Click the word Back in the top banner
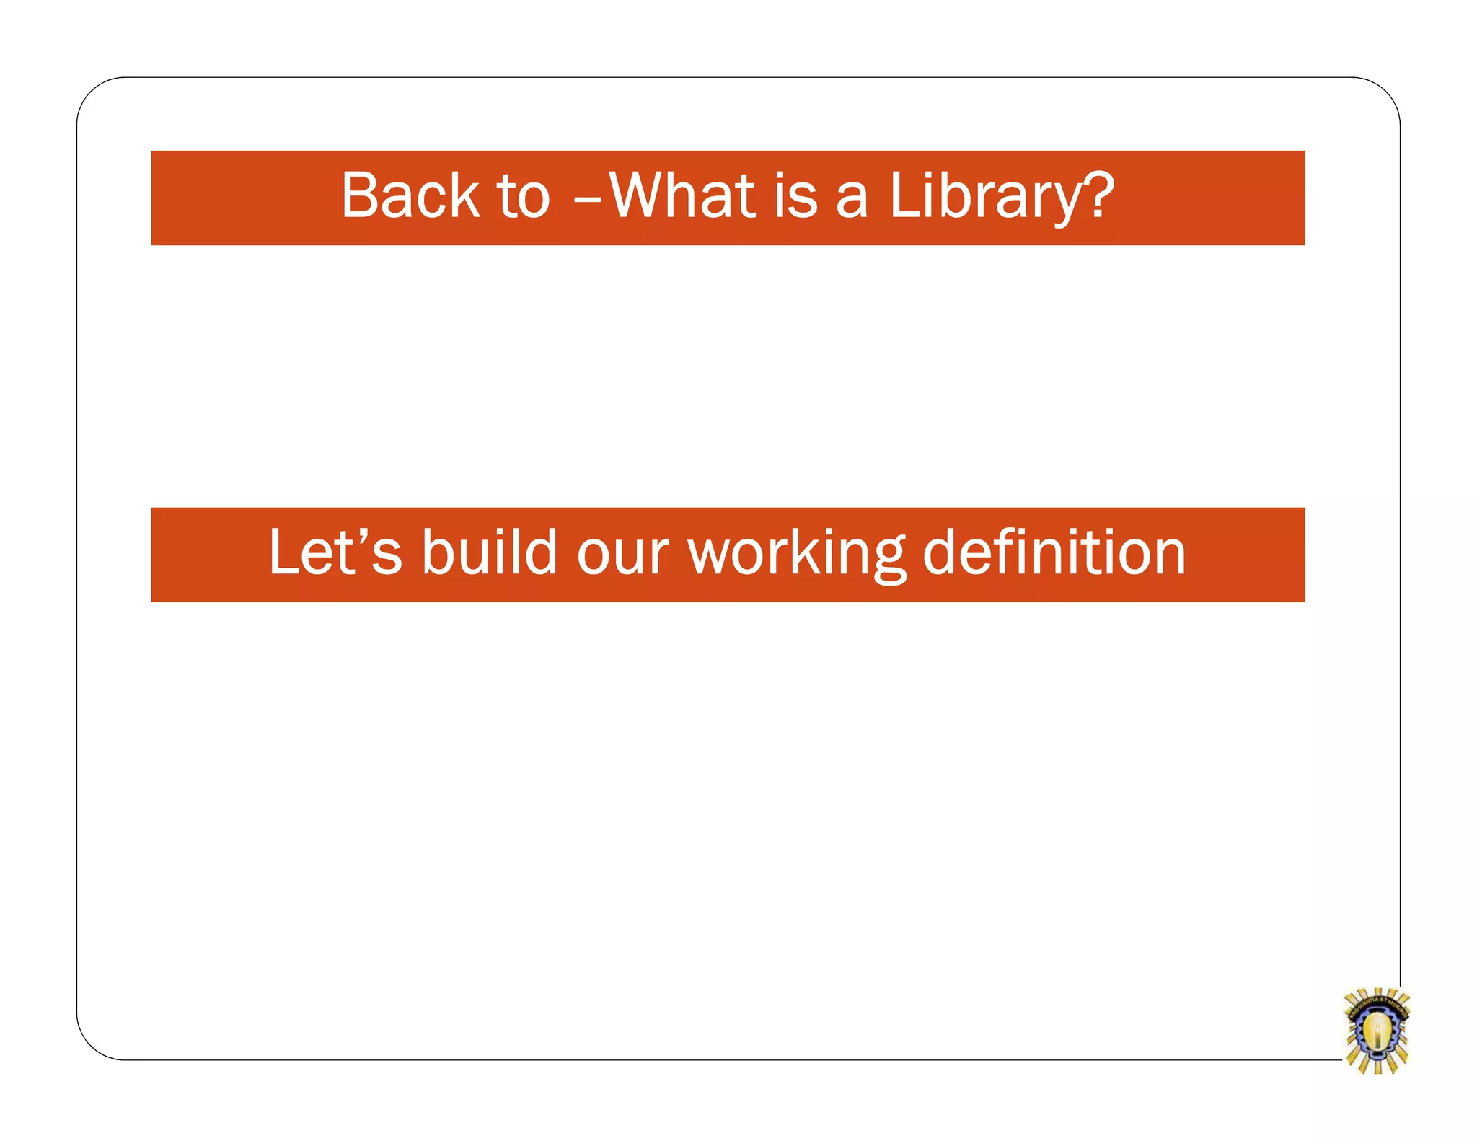tap(410, 196)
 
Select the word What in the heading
tap(682, 196)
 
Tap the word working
tap(796, 554)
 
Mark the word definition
tap(1054, 552)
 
